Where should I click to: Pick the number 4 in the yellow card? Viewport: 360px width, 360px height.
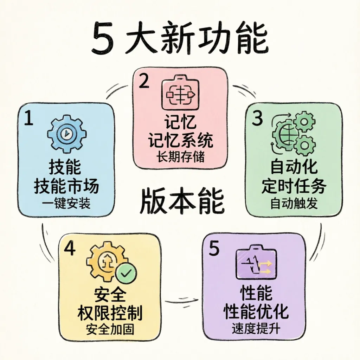tap(70, 249)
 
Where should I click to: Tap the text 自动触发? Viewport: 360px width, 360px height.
tap(294, 204)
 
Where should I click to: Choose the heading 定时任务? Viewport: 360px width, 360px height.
tap(294, 187)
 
